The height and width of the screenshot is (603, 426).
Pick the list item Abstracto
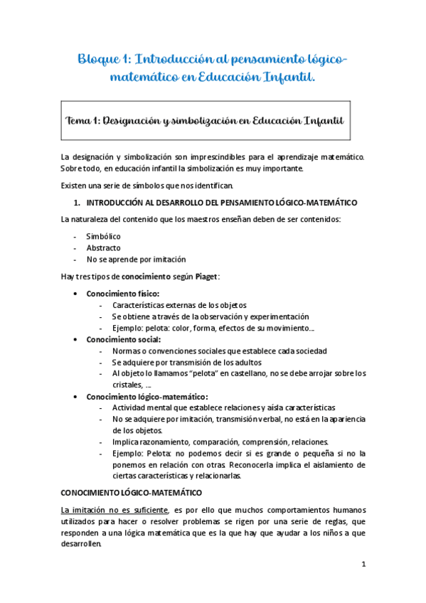104,247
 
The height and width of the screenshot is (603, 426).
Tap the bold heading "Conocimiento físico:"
122,293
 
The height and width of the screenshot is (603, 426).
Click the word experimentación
276,316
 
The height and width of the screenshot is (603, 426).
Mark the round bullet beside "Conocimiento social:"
77,340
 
